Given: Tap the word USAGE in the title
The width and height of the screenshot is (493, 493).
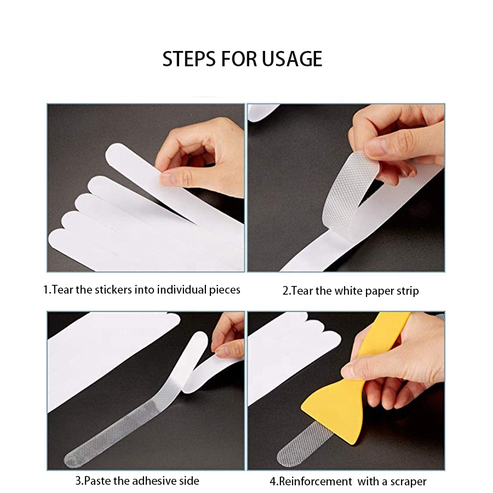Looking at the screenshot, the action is [292, 59].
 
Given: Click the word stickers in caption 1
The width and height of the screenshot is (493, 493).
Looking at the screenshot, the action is [113, 290].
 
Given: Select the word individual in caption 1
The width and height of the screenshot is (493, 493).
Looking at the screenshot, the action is [181, 290].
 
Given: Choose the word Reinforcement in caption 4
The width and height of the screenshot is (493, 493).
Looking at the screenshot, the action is [316, 481].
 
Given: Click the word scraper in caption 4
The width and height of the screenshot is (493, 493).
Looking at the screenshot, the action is [408, 482].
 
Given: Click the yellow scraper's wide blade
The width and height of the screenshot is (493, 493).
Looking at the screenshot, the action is [329, 412].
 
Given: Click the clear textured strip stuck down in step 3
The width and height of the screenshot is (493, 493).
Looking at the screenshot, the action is [119, 431].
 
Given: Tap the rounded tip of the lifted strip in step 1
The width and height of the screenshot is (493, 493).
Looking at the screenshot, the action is [115, 152].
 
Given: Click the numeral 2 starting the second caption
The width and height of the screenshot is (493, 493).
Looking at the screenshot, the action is [285, 291].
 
